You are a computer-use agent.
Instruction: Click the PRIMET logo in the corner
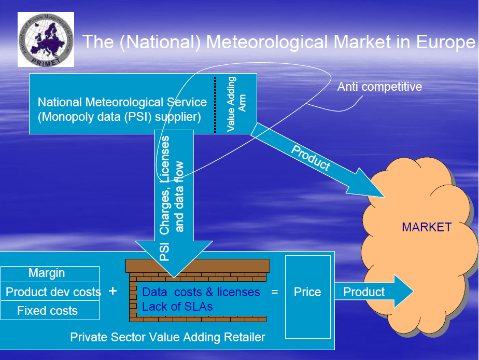[46, 39]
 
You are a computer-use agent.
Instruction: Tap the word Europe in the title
[445, 41]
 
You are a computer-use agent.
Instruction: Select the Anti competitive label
[379, 87]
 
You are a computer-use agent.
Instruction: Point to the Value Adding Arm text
[236, 104]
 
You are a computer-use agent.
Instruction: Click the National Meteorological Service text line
[122, 102]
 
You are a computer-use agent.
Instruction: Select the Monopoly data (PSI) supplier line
[119, 117]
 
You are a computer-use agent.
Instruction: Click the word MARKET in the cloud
[427, 227]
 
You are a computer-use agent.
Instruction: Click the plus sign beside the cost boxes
[112, 291]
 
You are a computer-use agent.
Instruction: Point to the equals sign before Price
[275, 292]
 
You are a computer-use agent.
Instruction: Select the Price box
[307, 292]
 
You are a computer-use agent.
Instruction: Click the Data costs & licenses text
[201, 292]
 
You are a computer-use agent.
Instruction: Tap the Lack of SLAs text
[177, 307]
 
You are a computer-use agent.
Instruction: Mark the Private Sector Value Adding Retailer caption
[167, 337]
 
